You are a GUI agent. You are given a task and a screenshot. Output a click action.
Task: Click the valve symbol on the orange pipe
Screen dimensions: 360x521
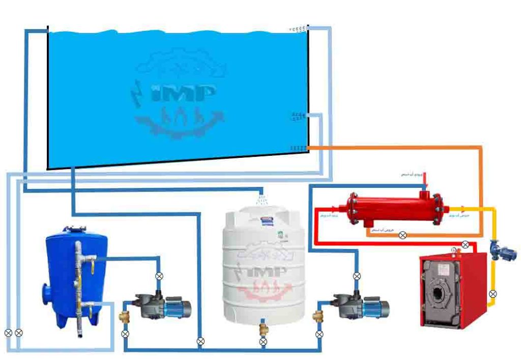[x=402, y=235]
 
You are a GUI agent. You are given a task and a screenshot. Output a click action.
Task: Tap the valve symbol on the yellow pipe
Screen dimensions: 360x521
[x=493, y=294]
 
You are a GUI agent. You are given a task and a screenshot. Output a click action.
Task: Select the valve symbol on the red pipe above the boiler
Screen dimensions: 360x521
[x=465, y=245]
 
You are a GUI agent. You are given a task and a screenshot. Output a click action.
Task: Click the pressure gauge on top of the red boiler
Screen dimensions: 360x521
[x=453, y=250]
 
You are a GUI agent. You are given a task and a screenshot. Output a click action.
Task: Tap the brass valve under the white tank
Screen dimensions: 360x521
[x=263, y=326]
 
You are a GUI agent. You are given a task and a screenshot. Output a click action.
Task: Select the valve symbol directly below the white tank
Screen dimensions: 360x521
[x=263, y=342]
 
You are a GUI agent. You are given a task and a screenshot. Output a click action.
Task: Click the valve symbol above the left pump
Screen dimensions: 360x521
[x=159, y=276]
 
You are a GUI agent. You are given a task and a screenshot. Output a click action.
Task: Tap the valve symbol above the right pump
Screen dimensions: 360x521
[x=357, y=276]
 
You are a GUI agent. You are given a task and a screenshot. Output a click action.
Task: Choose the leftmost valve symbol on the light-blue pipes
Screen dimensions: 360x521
[x=8, y=333]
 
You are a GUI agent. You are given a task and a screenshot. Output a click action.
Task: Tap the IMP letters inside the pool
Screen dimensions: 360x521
[x=179, y=95]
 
